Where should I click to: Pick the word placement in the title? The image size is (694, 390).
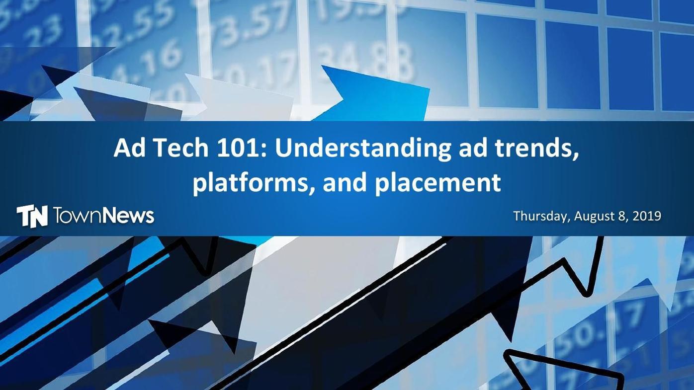pyautogui.click(x=437, y=182)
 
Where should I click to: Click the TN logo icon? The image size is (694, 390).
pyautogui.click(x=32, y=216)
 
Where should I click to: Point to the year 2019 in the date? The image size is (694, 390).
pyautogui.click(x=647, y=216)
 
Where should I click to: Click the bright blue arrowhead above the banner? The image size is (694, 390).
pyautogui.click(x=378, y=92)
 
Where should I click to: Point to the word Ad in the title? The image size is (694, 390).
pyautogui.click(x=127, y=148)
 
